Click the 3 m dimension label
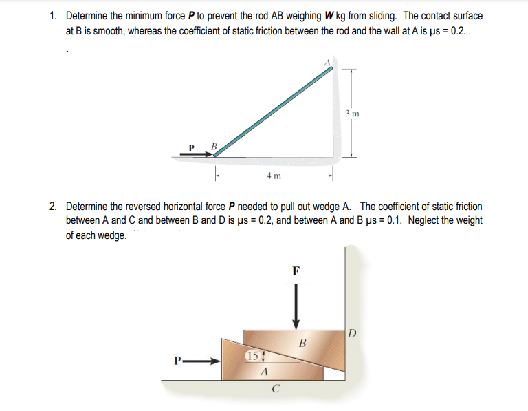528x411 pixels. pos(351,113)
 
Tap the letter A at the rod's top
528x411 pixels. pos(328,63)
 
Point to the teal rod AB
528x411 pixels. pos(275,110)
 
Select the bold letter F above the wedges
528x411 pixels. pos(296,271)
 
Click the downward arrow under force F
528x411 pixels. pos(296,306)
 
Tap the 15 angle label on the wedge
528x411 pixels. pos(252,356)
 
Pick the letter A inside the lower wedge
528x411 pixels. pos(263,373)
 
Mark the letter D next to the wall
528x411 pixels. pos(353,335)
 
